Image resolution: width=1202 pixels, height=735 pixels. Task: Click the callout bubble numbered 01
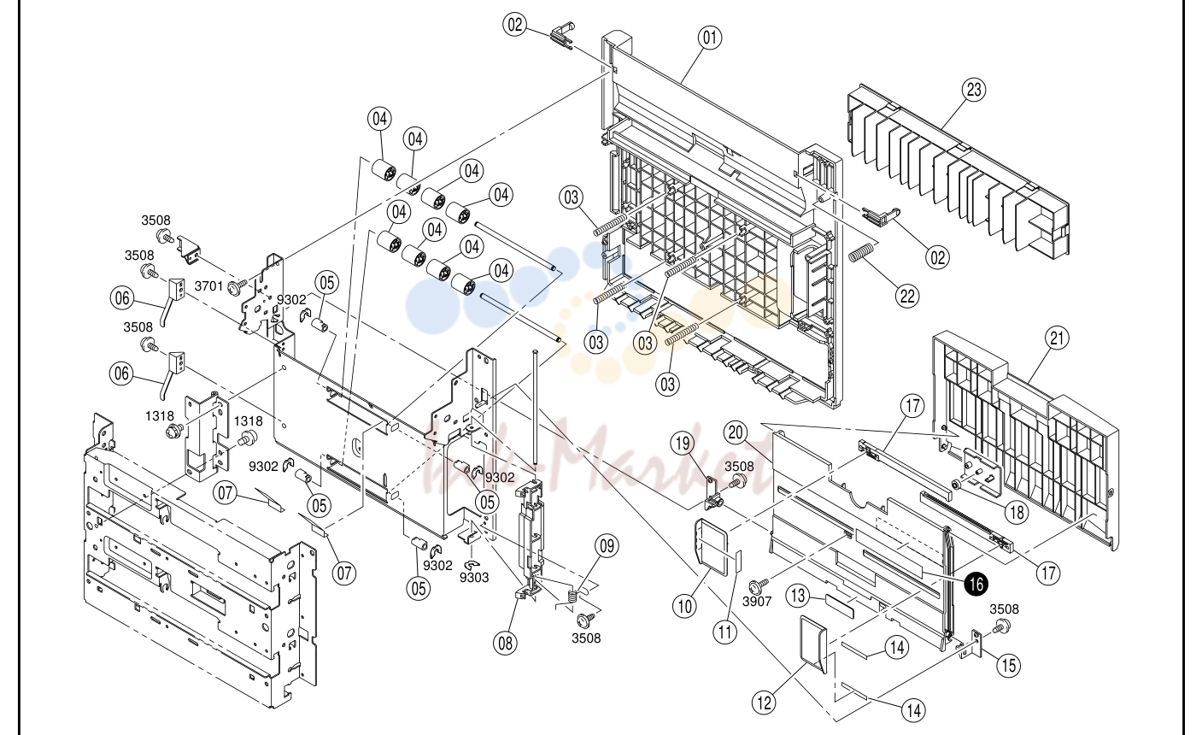coord(709,38)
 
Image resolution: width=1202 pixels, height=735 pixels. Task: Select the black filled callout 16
coord(976,584)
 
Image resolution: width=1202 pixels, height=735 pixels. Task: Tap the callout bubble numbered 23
coord(974,89)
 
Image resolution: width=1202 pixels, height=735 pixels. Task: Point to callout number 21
coord(1057,338)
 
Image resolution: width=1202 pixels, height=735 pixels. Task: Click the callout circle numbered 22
coord(907,296)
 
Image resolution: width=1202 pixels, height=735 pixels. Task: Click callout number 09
coord(607,546)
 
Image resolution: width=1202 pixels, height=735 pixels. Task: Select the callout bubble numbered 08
coord(506,643)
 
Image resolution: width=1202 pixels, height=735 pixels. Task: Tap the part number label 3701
coord(208,286)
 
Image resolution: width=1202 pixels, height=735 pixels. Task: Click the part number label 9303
coord(474,578)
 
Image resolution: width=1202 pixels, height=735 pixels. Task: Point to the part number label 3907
coord(757,602)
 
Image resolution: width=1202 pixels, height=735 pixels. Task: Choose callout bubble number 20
coord(736,432)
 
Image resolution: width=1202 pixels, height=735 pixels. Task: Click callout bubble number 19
coord(682,444)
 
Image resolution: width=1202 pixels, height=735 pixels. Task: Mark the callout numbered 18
coord(1017,512)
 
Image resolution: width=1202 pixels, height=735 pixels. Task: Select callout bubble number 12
coord(764,703)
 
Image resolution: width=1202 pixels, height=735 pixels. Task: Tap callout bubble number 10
coord(684,606)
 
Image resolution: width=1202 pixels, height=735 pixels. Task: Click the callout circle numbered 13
coord(798,596)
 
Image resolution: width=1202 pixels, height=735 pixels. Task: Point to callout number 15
coord(1009,666)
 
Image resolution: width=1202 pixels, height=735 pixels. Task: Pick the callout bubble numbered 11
coord(725,632)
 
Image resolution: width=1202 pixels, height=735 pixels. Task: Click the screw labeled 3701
coord(237,286)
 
